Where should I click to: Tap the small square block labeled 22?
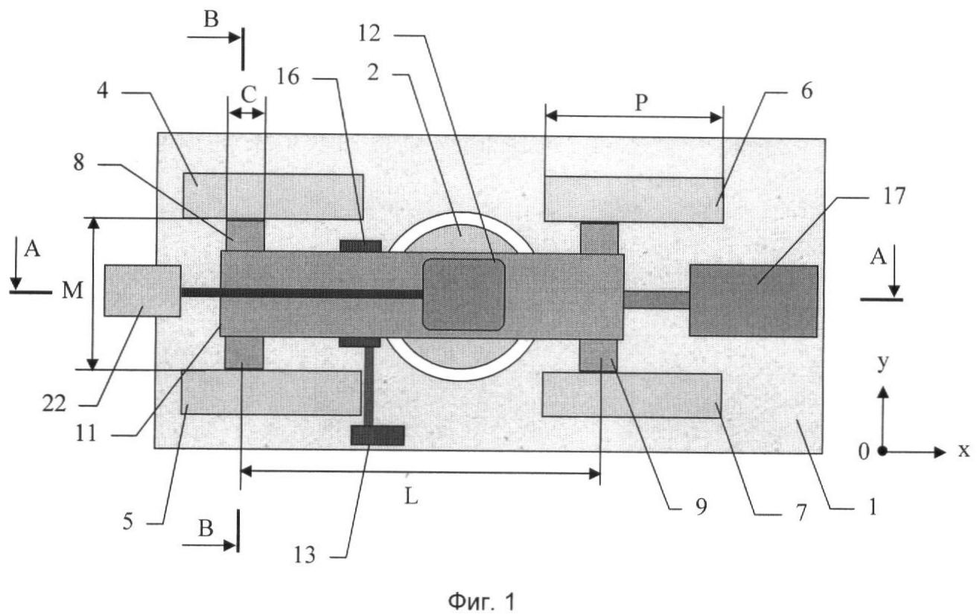(142, 290)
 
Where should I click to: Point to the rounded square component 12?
(463, 294)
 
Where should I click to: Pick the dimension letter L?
(411, 497)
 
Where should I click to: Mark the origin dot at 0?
(882, 451)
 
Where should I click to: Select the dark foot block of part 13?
(378, 435)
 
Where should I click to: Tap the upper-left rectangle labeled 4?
(273, 196)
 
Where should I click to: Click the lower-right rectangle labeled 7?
(631, 395)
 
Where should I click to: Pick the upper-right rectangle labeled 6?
(633, 200)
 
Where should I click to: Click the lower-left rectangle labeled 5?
(271, 392)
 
